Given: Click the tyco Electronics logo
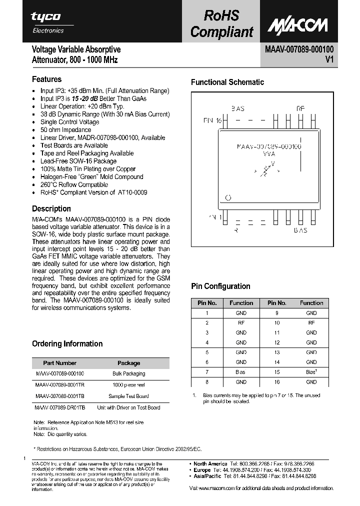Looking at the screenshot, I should [47, 22].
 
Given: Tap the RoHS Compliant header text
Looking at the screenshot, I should [221, 23].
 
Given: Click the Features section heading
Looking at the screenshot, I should [46, 79].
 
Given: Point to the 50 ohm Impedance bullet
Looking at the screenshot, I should [65, 130].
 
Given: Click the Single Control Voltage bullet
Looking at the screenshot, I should [69, 122].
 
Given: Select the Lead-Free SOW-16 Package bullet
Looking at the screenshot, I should [78, 161].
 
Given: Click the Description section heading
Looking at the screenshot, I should [51, 208].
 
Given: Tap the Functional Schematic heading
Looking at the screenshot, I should [227, 82].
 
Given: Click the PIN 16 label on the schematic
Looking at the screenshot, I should [212, 120].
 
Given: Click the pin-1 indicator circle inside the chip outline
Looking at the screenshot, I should [228, 197].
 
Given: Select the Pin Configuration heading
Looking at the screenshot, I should [220, 286].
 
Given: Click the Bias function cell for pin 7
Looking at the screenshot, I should [241, 372].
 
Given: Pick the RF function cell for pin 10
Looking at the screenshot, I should [311, 323].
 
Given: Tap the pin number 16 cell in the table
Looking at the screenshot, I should [276, 381].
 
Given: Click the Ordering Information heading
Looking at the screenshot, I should [67, 343].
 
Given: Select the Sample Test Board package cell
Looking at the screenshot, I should [128, 396].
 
